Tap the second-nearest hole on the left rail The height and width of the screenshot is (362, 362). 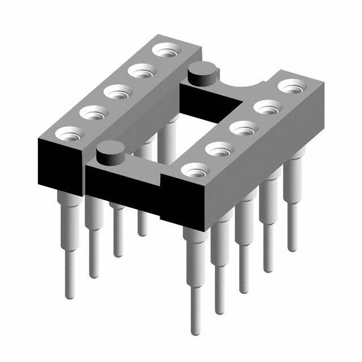click(x=93, y=112)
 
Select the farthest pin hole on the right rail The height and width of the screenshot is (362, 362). click(x=291, y=87)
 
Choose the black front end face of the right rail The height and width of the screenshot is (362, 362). click(x=181, y=206)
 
